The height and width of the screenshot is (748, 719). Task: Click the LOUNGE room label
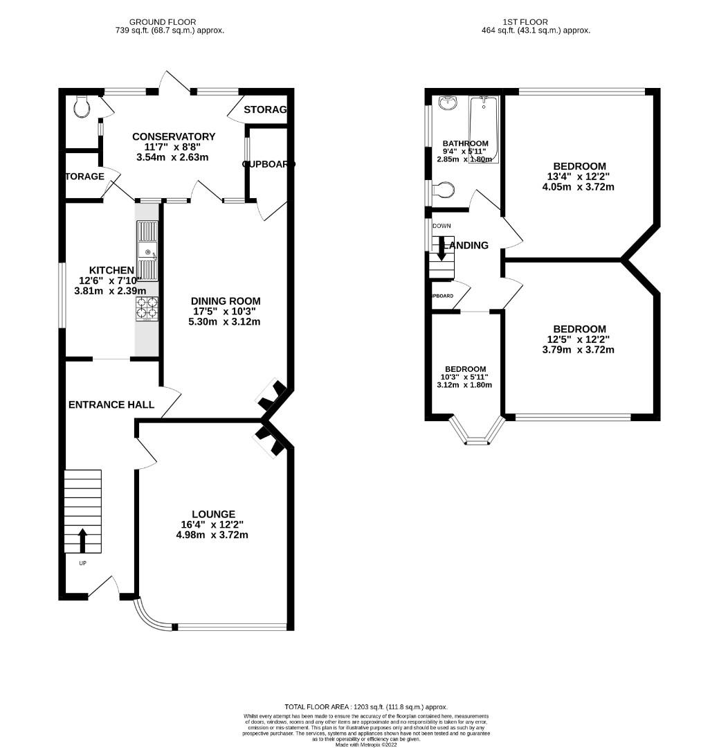(x=214, y=514)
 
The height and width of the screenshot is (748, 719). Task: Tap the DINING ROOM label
(x=226, y=301)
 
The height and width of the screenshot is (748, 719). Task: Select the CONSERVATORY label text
(x=174, y=136)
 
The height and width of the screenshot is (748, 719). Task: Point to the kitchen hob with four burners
(x=147, y=308)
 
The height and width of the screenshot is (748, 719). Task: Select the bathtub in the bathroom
(x=484, y=128)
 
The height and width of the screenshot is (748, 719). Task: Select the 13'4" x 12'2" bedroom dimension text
(x=579, y=177)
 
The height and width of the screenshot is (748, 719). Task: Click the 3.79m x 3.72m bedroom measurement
(x=579, y=350)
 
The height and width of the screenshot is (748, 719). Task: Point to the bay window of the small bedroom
(x=475, y=434)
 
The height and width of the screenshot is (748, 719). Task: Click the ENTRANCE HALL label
(x=111, y=404)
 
